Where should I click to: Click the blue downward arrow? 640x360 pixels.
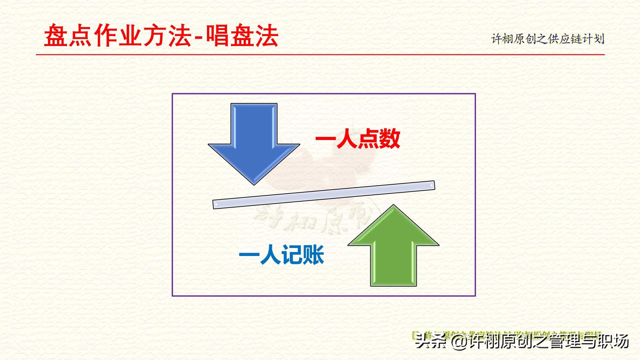254,140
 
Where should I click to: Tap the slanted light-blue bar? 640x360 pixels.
324,195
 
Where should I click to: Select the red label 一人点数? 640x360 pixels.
358,139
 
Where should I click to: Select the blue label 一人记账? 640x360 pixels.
282,255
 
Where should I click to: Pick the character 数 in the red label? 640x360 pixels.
389,139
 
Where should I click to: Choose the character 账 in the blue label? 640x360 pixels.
314,255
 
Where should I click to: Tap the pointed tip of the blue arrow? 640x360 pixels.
254,184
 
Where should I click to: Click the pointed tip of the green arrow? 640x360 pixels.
393,205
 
